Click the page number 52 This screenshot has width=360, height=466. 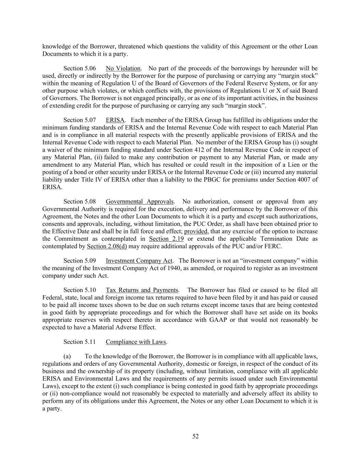[196, 436]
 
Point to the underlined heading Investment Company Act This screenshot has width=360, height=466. [139, 261]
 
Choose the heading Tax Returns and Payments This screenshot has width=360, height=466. [142, 290]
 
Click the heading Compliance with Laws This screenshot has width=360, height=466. [136, 342]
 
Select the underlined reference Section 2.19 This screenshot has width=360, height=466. [166, 239]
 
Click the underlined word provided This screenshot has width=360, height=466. [196, 231]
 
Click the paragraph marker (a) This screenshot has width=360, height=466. [67, 356]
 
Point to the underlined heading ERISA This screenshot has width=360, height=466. [115, 120]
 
